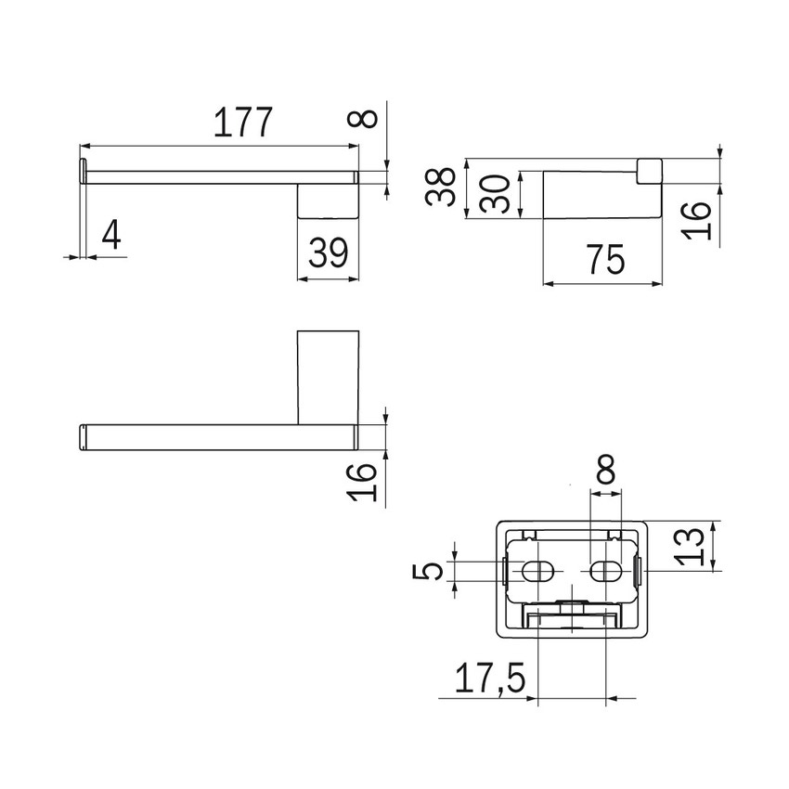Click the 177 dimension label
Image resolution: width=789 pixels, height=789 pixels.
click(x=243, y=123)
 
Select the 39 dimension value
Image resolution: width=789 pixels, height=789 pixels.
click(x=328, y=253)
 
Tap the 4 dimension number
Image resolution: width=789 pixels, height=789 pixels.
click(x=111, y=236)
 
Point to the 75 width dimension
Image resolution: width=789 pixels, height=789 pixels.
click(x=606, y=260)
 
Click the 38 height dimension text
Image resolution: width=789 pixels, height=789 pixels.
click(x=440, y=187)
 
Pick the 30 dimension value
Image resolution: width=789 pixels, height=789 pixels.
click(x=495, y=194)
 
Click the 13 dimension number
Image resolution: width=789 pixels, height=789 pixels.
click(x=690, y=547)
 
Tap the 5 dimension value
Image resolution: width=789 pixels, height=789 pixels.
click(x=428, y=571)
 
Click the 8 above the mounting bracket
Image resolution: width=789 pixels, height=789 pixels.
click(x=605, y=469)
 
